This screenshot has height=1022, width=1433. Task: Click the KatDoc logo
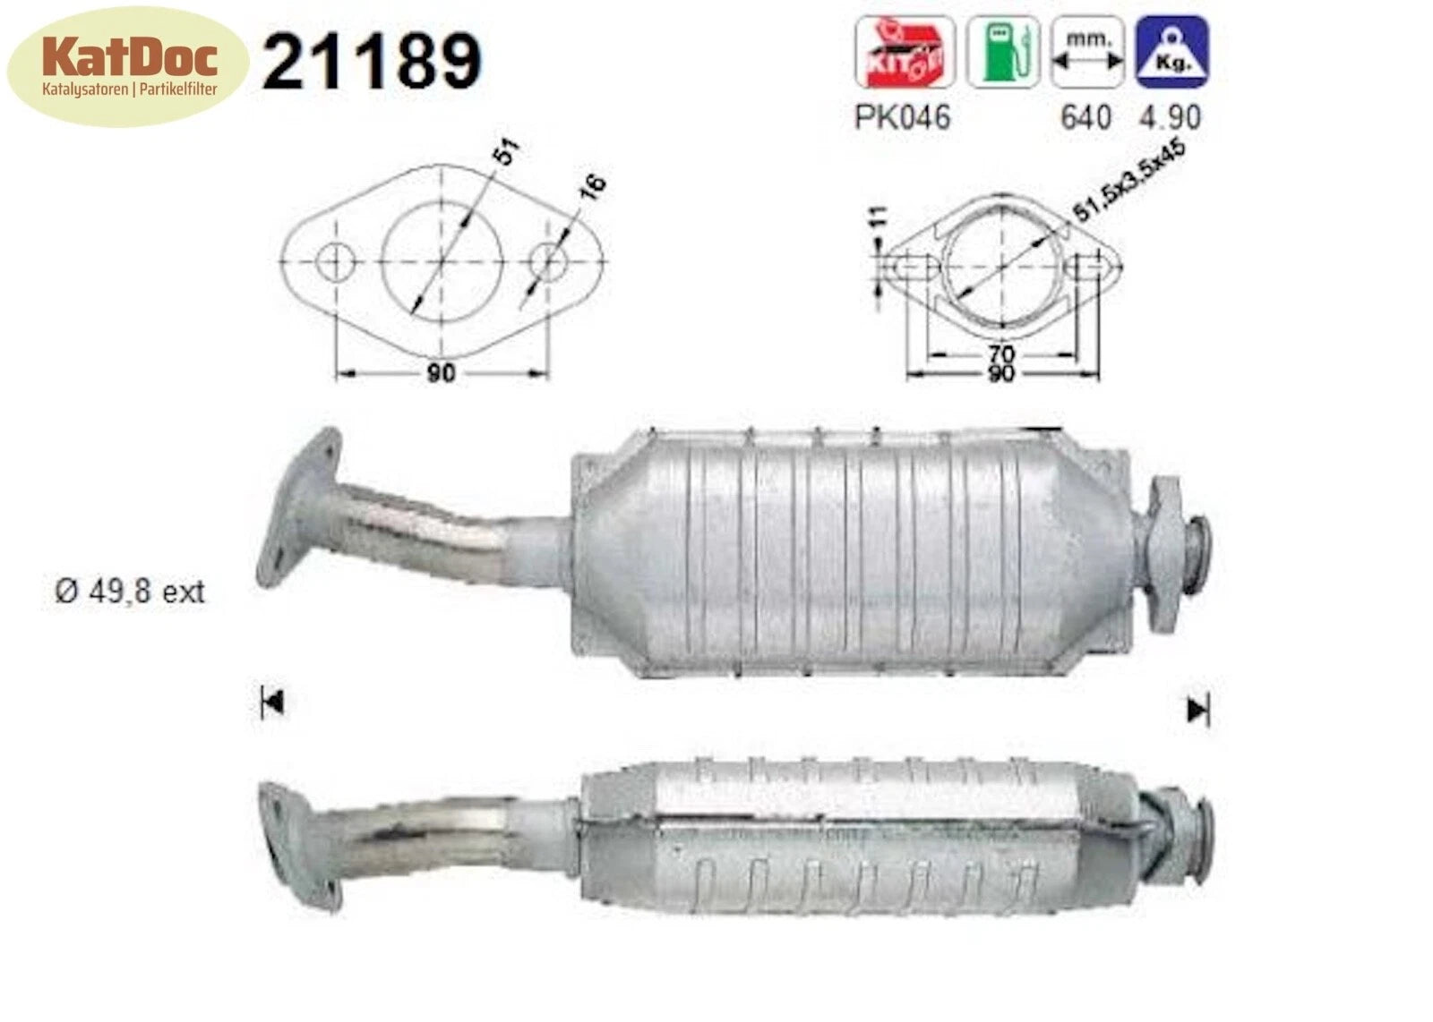pos(127,65)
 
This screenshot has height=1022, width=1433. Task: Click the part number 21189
pos(372,61)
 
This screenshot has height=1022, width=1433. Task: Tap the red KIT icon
pos(904,54)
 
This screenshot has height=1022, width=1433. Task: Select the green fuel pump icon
pos(1001,54)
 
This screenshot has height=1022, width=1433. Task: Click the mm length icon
pos(1086,54)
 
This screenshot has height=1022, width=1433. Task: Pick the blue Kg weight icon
pos(1171,54)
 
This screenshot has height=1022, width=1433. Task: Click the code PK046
pos(902,117)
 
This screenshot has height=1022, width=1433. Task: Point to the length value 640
pos(1085,117)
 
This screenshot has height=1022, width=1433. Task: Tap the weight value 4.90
pos(1170,117)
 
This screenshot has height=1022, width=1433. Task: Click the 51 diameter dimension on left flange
pos(506,151)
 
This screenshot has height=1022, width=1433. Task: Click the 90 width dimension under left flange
pos(440,372)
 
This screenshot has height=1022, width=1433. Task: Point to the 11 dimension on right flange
pos(880,217)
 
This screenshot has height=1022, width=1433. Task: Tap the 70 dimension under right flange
pos(1001,353)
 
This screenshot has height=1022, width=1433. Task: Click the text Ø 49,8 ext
pos(130,592)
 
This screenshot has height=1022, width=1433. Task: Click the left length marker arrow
pos(271,703)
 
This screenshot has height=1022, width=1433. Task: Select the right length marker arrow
pos(1197,711)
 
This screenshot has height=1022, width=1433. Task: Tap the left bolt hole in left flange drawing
pos(336,262)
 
